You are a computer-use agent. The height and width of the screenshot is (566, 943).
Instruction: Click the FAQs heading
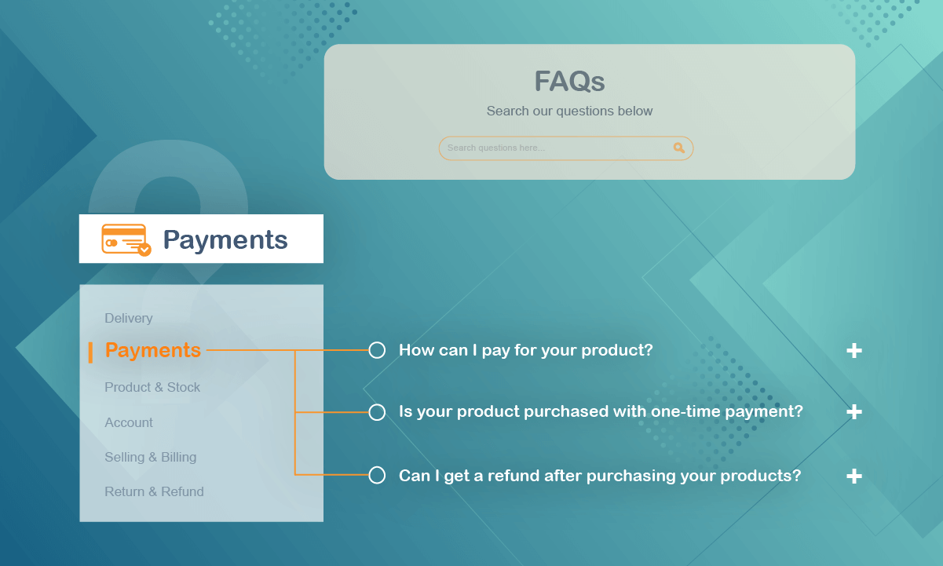[569, 82]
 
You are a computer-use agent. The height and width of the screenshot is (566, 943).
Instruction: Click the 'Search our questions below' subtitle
[569, 111]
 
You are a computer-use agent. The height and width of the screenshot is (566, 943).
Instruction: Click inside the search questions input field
[550, 148]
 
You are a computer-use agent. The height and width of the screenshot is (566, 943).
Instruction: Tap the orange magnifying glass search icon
[678, 148]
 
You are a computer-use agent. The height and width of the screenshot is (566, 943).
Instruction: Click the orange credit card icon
[126, 239]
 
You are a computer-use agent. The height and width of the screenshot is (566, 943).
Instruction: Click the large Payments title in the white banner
[225, 239]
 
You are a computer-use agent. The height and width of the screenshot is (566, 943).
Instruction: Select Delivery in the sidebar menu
[129, 318]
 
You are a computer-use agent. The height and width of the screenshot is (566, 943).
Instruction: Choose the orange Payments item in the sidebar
[153, 350]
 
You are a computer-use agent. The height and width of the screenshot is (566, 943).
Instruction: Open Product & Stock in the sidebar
[152, 387]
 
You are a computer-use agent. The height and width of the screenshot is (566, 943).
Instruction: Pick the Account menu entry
[129, 422]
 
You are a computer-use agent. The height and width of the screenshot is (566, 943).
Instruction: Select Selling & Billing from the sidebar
[151, 457]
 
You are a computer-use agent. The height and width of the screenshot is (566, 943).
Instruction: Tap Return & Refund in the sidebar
[154, 491]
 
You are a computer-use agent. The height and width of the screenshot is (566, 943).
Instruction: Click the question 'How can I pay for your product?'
[525, 350]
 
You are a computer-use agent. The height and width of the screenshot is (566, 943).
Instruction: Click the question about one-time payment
[601, 411]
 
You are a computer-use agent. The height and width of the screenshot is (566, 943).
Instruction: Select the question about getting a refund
[600, 476]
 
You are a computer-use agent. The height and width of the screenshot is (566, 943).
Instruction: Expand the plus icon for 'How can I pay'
[854, 351]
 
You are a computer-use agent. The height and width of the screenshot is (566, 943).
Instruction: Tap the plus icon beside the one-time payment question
[854, 412]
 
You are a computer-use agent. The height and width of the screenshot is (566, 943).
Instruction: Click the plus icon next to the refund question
[854, 476]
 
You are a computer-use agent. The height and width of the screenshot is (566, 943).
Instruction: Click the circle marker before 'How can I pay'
[377, 350]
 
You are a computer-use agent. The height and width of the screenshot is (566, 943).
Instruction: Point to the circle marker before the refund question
[377, 475]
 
